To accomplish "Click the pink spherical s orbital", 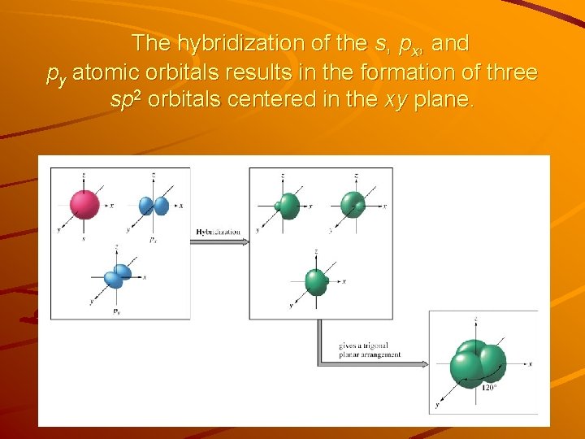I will click(x=84, y=204).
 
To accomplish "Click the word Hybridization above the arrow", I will click(x=219, y=232).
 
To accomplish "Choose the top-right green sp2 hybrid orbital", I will click(x=353, y=204).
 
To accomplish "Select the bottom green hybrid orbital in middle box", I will click(x=316, y=281).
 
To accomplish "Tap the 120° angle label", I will click(x=489, y=388).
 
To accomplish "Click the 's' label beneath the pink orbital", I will click(x=84, y=239).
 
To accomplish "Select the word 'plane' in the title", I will click(x=441, y=100).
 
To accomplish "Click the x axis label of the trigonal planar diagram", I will click(x=530, y=365).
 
